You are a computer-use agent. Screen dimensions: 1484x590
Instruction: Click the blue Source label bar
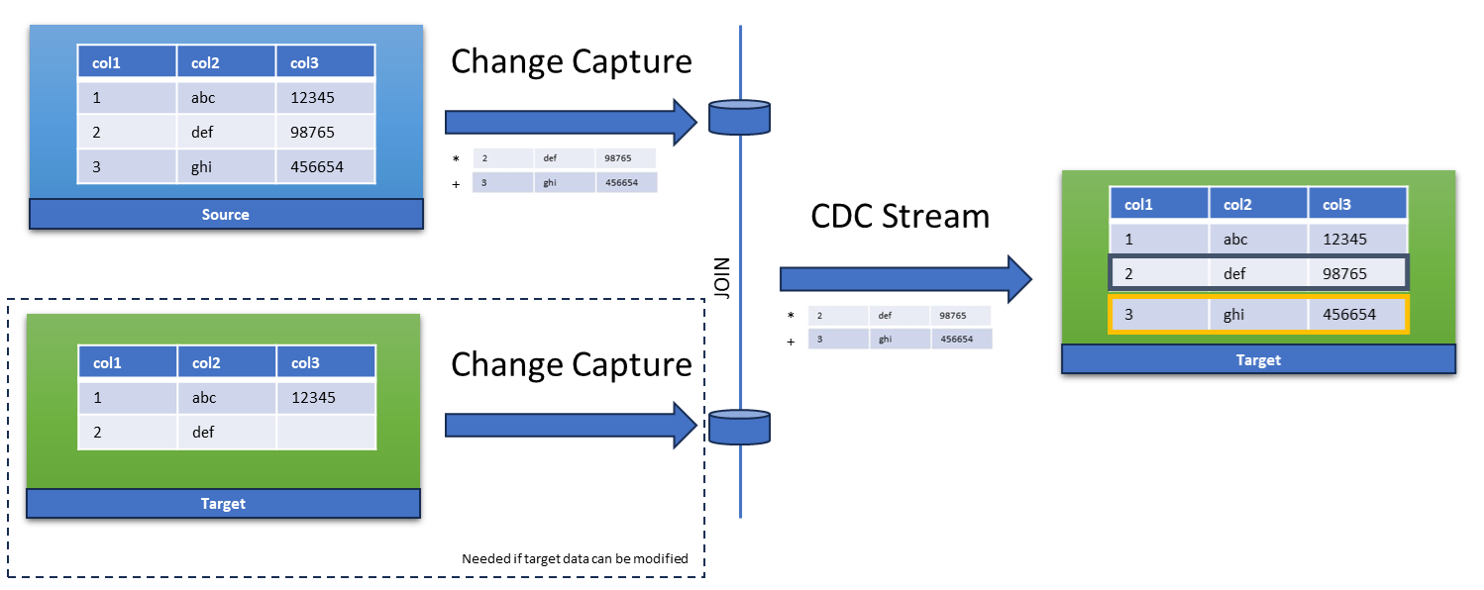coord(226,214)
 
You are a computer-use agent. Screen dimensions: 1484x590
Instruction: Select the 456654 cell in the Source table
coord(325,166)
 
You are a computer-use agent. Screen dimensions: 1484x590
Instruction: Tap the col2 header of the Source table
coord(226,62)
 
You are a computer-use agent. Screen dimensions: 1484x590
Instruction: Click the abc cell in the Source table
coord(226,97)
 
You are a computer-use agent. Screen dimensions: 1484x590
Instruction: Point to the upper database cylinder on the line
coord(739,118)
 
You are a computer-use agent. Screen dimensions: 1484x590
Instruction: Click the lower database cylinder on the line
coord(739,427)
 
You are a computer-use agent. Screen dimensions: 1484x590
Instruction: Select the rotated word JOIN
coord(722,278)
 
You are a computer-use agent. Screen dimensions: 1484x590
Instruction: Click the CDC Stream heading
coord(900,216)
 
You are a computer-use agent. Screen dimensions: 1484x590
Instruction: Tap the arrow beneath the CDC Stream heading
coord(905,279)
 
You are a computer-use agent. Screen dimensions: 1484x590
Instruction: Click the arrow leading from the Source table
coord(571,122)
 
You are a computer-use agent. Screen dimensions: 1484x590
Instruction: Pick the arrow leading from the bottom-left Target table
coord(571,425)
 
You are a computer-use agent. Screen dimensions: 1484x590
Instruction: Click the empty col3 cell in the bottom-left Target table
coord(326,432)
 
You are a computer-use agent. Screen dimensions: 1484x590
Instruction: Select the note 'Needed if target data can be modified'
coord(575,558)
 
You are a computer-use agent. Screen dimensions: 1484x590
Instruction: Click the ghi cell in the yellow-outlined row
coord(1258,314)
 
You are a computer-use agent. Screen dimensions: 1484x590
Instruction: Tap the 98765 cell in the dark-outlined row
coord(1356,273)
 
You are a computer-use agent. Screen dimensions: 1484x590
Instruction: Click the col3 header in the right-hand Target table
coord(1357,204)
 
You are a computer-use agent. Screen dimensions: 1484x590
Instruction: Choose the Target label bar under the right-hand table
coord(1258,359)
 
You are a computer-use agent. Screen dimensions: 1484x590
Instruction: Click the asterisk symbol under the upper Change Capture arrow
coord(456,159)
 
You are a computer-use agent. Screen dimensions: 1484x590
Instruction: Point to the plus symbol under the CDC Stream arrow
coord(791,342)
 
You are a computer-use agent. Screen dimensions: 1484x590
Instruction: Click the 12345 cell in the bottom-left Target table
coord(326,397)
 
